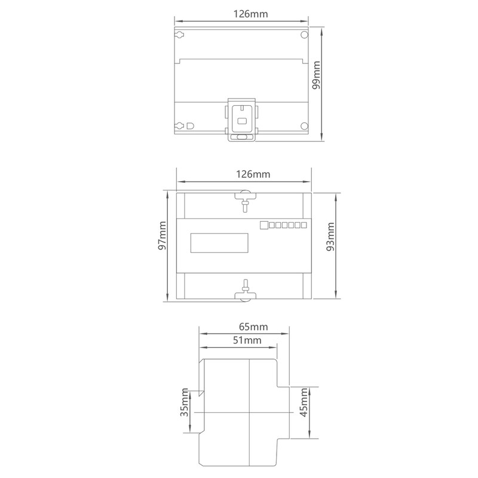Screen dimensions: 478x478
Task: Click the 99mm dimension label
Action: click(317, 75)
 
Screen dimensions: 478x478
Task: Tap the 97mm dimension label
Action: click(162, 235)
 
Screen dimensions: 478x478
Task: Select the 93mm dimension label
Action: click(330, 237)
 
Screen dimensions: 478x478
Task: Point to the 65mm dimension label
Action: click(253, 327)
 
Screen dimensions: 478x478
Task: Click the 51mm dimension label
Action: click(247, 340)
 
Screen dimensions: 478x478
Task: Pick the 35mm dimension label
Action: click(185, 402)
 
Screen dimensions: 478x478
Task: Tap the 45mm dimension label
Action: click(304, 402)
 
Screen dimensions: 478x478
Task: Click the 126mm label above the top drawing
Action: click(250, 14)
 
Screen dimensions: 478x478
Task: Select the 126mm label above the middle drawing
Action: click(253, 174)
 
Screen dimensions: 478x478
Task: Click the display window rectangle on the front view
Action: click(219, 243)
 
